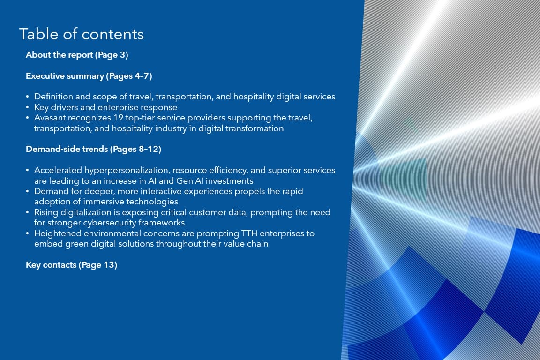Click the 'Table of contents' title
pyautogui.click(x=82, y=34)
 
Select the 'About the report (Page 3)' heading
pyautogui.click(x=77, y=55)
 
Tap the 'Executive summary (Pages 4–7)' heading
pyautogui.click(x=89, y=76)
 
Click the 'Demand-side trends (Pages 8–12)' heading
pyautogui.click(x=93, y=149)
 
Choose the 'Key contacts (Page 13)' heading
pyautogui.click(x=71, y=265)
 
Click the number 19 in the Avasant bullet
pyautogui.click(x=118, y=118)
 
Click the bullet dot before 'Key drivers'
pyautogui.click(x=28, y=107)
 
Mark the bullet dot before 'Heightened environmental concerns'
pyautogui.click(x=28, y=233)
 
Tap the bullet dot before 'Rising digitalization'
pyautogui.click(x=28, y=212)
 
